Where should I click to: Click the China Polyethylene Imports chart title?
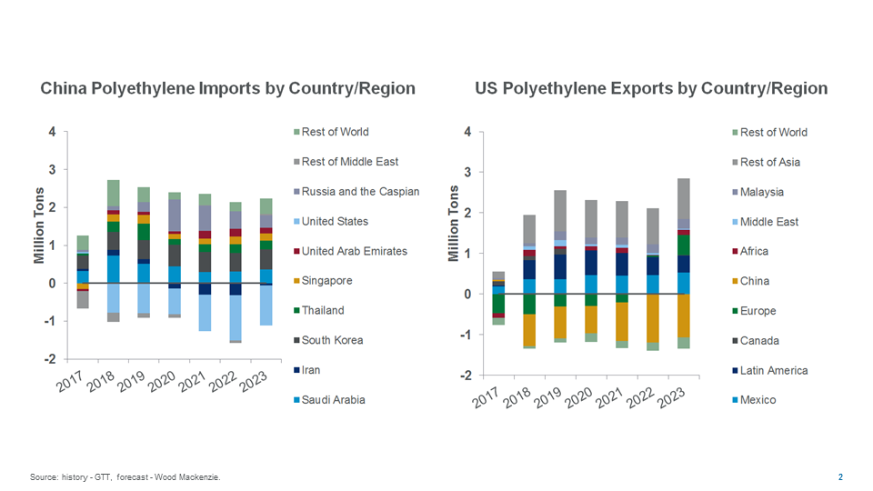[x=227, y=88]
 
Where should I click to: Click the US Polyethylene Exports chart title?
[x=651, y=88]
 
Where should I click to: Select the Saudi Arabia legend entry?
[x=333, y=399]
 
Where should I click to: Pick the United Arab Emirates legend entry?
[x=354, y=251]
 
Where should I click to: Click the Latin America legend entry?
[x=773, y=370]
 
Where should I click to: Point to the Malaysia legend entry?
[x=761, y=192]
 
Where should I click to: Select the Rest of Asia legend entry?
[x=769, y=162]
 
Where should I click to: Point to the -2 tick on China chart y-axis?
[x=52, y=359]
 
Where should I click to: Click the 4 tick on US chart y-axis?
[x=467, y=132]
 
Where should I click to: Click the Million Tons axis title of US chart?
[x=453, y=223]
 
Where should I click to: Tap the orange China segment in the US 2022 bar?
[x=651, y=318]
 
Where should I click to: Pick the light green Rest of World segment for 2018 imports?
[x=113, y=193]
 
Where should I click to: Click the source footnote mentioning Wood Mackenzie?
[x=125, y=476]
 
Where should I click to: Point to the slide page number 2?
[x=840, y=476]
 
